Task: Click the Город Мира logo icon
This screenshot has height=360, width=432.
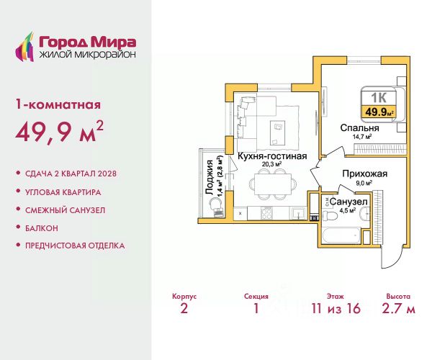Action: (x=24, y=47)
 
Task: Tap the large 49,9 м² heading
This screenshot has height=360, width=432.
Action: (x=60, y=132)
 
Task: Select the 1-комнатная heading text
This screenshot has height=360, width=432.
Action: (x=58, y=104)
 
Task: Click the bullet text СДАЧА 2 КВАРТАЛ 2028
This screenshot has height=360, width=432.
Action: (x=71, y=174)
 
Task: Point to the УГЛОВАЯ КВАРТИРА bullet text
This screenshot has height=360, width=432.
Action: (x=63, y=192)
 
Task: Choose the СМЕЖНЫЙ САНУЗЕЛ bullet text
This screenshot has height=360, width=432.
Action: (x=65, y=210)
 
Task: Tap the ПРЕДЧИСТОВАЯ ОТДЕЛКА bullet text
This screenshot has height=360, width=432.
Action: (x=75, y=246)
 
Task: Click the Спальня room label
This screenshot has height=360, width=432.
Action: (x=359, y=128)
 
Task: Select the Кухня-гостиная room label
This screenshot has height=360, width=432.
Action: (x=272, y=156)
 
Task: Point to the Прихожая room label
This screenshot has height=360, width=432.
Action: (x=365, y=174)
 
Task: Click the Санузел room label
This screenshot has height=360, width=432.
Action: (x=348, y=202)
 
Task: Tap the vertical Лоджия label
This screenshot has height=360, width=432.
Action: (x=210, y=177)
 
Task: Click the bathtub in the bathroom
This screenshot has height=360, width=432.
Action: (x=341, y=235)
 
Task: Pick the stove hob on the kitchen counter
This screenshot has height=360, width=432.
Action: (x=266, y=213)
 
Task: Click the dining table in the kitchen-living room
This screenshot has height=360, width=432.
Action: (x=273, y=184)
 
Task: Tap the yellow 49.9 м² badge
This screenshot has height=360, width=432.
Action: (x=379, y=112)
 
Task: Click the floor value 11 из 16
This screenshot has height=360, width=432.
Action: (x=336, y=308)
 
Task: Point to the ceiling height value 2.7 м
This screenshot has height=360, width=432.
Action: (x=398, y=308)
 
